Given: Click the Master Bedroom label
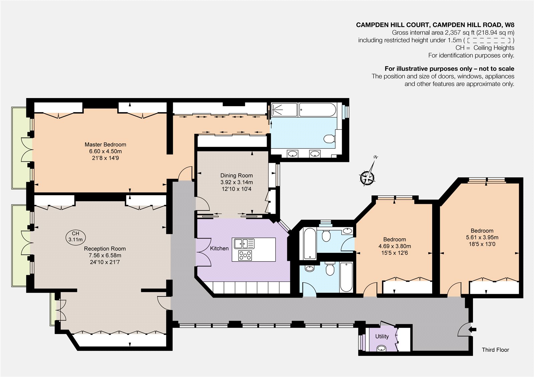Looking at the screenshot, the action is click(x=105, y=144).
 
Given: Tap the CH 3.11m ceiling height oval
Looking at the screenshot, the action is click(x=75, y=237).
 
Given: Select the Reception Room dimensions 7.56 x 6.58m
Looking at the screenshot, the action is click(x=105, y=256).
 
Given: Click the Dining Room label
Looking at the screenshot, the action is click(x=237, y=175).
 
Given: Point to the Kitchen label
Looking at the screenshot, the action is click(x=219, y=248).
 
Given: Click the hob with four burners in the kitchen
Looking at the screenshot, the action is click(x=245, y=255).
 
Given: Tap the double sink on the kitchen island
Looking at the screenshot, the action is click(x=244, y=244).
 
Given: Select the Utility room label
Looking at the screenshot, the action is click(x=382, y=337).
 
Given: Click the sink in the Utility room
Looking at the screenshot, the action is click(x=381, y=348).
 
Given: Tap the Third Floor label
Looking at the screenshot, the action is click(x=495, y=350).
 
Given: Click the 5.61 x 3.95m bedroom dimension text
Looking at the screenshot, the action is click(x=482, y=237).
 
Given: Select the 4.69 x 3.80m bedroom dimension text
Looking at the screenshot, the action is click(x=394, y=246).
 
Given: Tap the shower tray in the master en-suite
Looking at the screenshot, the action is click(x=284, y=110).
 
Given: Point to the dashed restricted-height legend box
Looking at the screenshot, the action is click(x=489, y=40).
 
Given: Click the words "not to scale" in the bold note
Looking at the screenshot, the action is click(x=496, y=69).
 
